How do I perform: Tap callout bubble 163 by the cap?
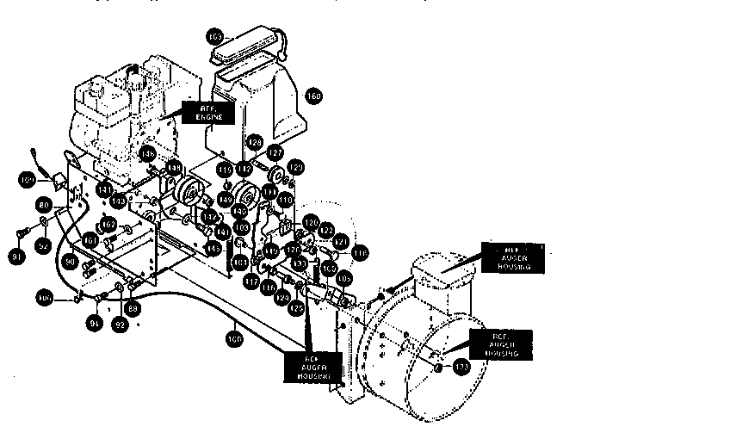click(215, 36)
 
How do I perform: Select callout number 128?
click(254, 142)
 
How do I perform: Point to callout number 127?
click(275, 152)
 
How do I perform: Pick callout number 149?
click(225, 199)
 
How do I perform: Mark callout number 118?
click(360, 253)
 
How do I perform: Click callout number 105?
click(344, 279)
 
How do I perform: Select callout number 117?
click(251, 280)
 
